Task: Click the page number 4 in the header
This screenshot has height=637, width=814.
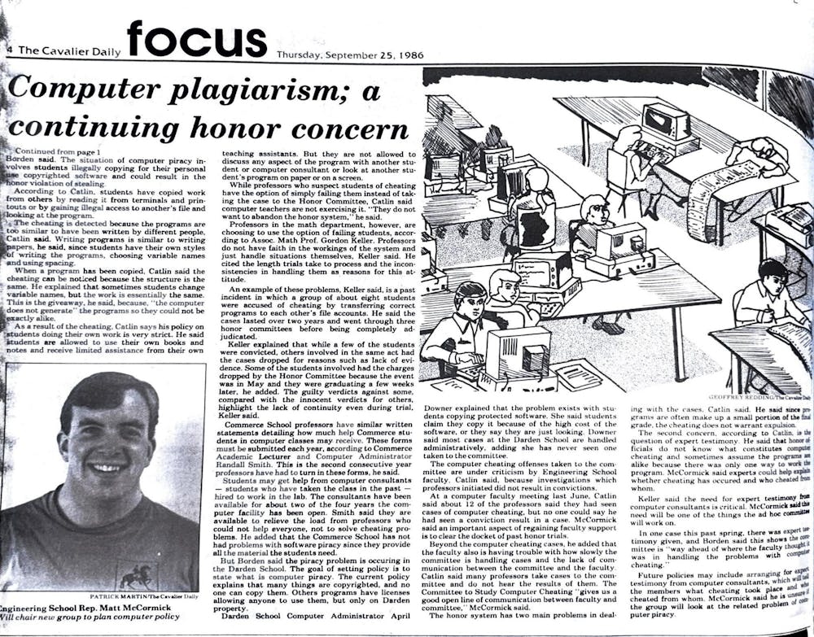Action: (x=7, y=49)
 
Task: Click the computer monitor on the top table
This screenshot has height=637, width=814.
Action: (x=666, y=122)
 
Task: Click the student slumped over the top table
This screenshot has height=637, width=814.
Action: (x=757, y=155)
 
